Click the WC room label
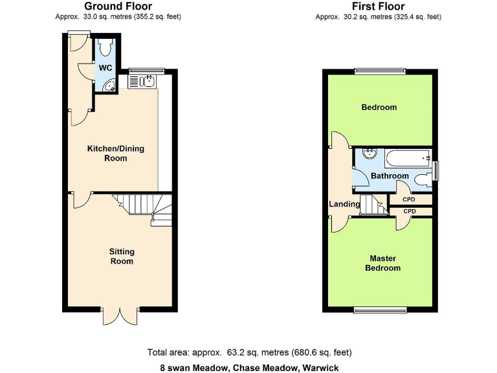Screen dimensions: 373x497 point(105,67)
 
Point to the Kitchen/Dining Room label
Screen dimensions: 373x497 point(116,153)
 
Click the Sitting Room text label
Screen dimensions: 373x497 point(122,256)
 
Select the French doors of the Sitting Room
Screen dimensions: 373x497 point(120,315)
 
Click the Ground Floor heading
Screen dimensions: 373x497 point(118,6)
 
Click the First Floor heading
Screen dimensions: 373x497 point(378,6)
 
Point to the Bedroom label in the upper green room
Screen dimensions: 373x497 point(379,107)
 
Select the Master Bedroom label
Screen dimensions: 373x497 point(382,263)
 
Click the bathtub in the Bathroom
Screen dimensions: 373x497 point(406,156)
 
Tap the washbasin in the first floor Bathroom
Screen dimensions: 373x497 point(370,154)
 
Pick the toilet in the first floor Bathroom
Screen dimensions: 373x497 point(423,180)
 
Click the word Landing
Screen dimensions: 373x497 point(344,204)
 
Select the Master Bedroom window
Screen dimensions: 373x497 point(379,310)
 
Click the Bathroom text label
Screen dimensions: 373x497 point(390,176)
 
